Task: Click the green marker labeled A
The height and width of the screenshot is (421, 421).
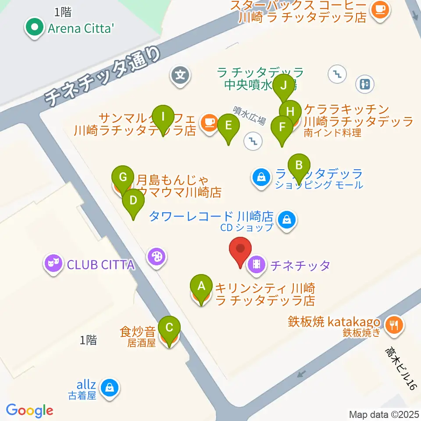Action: click(201, 286)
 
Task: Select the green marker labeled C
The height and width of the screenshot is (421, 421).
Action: click(169, 328)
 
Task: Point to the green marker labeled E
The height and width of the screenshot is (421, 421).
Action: click(228, 126)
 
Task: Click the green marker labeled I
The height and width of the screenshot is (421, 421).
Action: click(163, 117)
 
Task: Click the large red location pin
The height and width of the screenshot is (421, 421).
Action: click(241, 249)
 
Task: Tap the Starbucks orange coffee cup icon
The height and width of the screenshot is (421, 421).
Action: click(378, 9)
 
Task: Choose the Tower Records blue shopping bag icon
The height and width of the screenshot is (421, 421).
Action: click(287, 218)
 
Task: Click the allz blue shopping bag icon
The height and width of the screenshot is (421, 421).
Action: click(108, 387)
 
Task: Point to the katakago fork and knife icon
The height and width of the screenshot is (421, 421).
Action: click(393, 325)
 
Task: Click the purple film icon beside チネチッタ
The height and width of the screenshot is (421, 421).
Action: click(257, 264)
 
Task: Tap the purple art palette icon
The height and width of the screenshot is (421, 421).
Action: click(157, 256)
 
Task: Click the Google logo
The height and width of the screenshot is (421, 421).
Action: click(29, 410)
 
